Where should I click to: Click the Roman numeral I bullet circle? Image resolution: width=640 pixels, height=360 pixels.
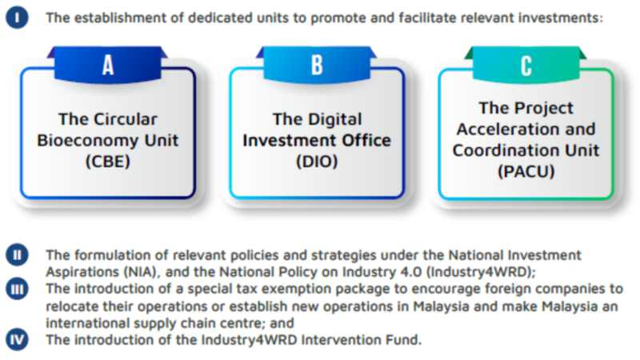17,18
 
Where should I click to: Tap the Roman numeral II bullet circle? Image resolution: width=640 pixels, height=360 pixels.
17,254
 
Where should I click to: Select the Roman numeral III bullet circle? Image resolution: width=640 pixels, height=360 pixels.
17,289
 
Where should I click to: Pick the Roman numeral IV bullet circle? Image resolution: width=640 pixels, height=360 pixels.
17,339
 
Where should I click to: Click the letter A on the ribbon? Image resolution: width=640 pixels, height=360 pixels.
108,65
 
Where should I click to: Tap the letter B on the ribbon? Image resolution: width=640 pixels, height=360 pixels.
317,65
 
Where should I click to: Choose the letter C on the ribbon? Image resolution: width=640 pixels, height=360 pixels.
526,66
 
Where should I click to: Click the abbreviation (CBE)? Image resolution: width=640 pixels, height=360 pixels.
108,162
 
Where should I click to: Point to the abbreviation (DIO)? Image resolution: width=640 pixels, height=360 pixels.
317,162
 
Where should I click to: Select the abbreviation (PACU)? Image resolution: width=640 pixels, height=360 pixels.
526,171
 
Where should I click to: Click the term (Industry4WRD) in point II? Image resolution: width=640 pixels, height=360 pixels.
483,272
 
